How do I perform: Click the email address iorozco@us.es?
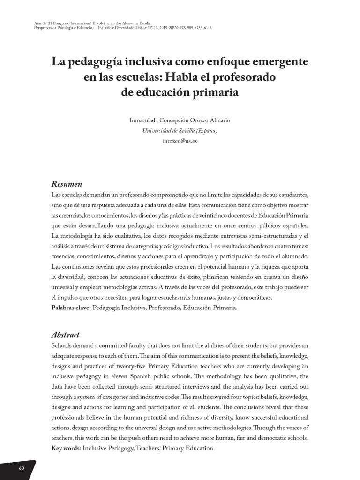tap(180, 141)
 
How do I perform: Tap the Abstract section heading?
tap(65, 335)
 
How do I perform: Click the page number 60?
tap(22, 469)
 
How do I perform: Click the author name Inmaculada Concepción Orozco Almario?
tap(180, 120)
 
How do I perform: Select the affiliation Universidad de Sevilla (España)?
tap(180, 131)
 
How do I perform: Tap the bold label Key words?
tap(66, 448)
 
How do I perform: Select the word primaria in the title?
tap(216, 92)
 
